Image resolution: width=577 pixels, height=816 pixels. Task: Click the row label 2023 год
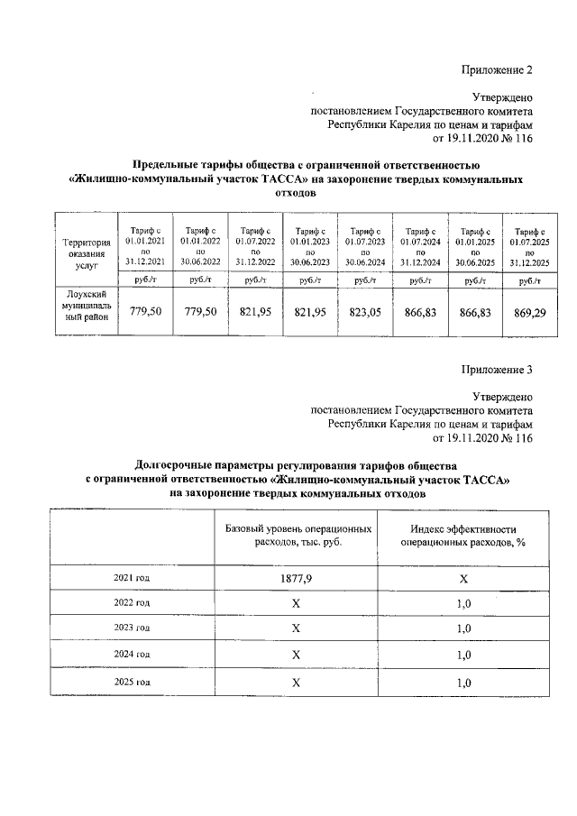click(x=132, y=627)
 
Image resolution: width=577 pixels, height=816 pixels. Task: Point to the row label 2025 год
click(x=132, y=683)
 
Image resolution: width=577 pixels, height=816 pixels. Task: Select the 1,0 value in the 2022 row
click(x=463, y=602)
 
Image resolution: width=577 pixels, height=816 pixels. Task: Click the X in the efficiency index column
click(x=463, y=577)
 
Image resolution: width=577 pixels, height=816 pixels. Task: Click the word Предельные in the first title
click(x=167, y=165)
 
